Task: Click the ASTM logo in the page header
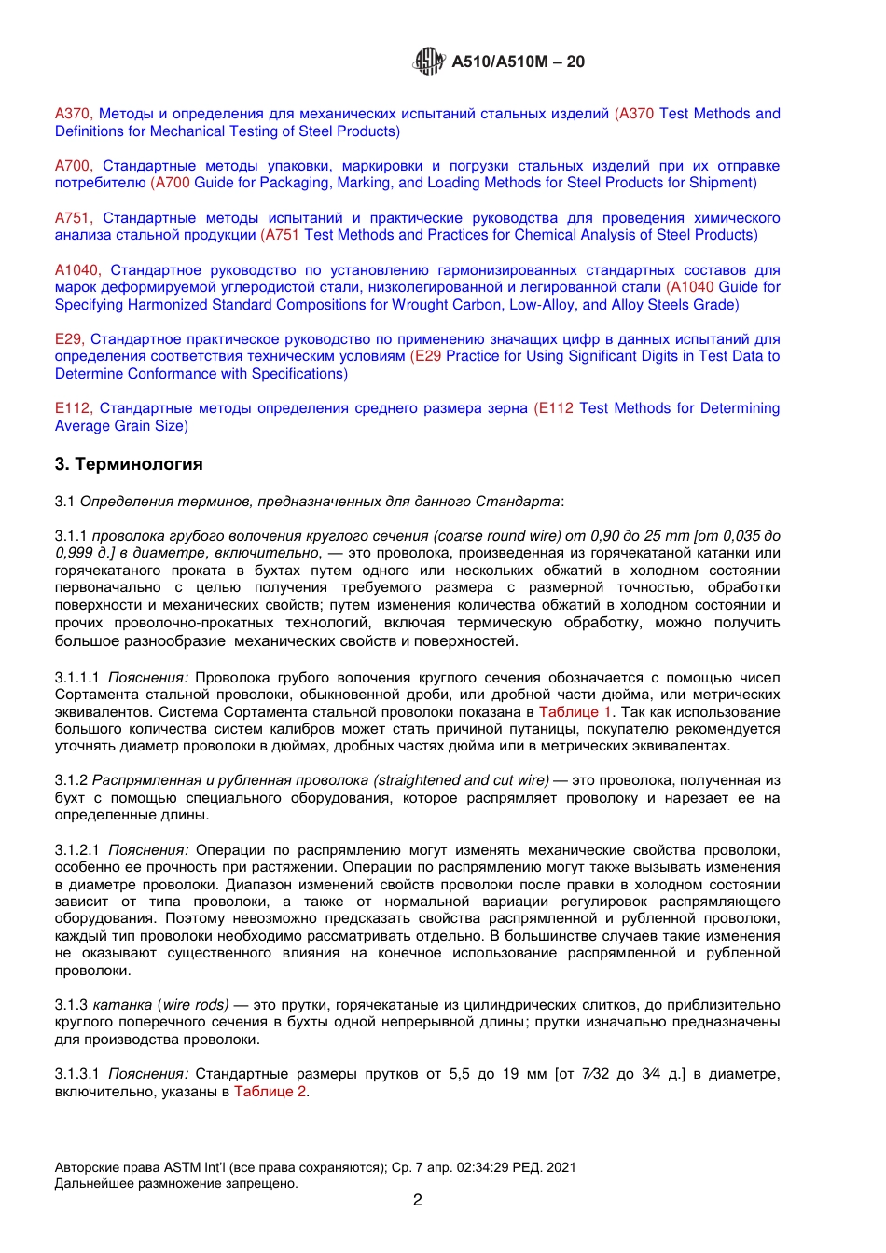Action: tap(428, 62)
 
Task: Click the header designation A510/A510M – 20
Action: tap(518, 62)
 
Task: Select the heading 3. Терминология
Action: tap(129, 464)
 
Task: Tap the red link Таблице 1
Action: tap(575, 712)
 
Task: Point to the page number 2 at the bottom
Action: tap(417, 1200)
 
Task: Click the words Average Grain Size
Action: tap(121, 426)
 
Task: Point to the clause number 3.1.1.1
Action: tap(77, 678)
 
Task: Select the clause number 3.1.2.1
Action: tap(77, 850)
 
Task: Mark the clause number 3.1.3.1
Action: tap(77, 1074)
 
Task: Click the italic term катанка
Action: tap(122, 1005)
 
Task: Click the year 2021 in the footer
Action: tap(561, 1167)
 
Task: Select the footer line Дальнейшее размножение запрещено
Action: tap(176, 1184)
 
